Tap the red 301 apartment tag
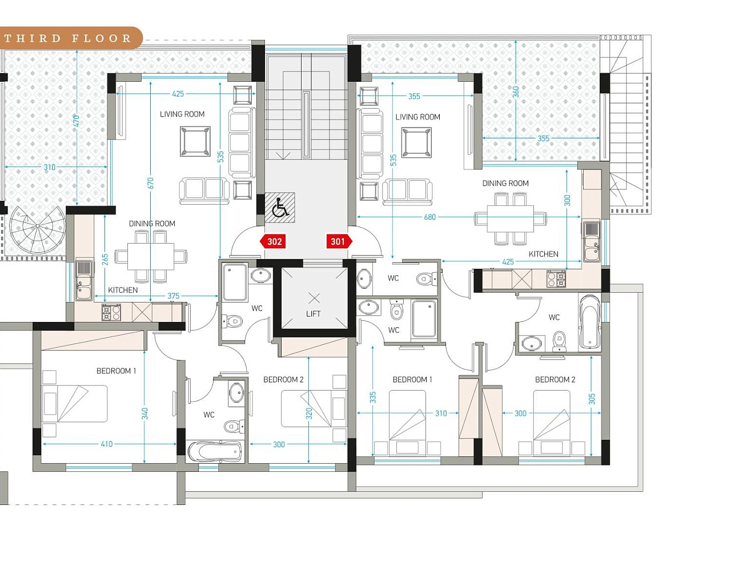click(339, 241)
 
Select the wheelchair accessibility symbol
click(280, 208)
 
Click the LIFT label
click(313, 314)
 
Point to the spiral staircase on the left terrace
click(38, 229)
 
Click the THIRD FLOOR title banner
click(68, 38)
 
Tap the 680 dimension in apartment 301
click(430, 217)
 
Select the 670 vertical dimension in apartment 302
click(151, 183)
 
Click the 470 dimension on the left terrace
click(77, 121)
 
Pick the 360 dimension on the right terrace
click(516, 91)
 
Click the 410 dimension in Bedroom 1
click(107, 444)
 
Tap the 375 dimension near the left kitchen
click(173, 296)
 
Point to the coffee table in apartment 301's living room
click(416, 142)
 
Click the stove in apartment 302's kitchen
click(111, 313)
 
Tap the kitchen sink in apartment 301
click(592, 242)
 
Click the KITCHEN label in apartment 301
click(544, 254)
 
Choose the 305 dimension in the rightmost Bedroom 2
click(592, 399)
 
